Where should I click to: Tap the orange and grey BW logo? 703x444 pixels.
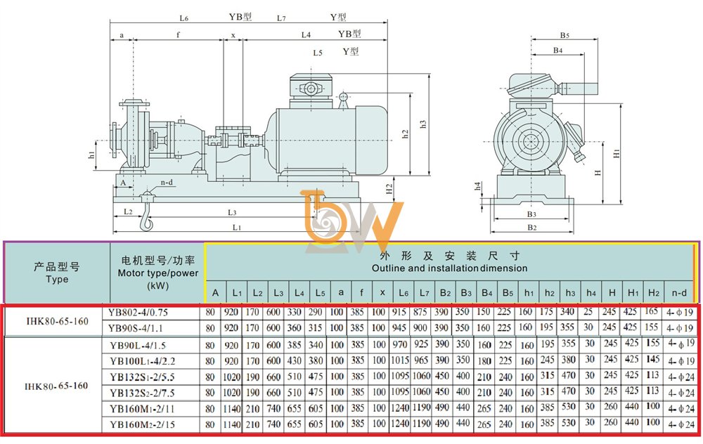click(353, 222)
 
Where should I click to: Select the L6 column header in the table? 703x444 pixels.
click(403, 293)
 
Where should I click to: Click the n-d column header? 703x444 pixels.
click(679, 293)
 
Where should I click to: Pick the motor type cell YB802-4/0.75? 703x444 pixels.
click(138, 313)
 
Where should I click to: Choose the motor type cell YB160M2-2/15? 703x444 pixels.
click(142, 424)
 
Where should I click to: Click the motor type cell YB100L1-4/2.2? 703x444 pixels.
click(142, 361)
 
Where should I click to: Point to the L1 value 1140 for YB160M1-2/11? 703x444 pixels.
click(232, 408)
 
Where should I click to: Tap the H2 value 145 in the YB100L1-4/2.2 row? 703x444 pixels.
click(653, 359)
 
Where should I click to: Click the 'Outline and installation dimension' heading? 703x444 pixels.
click(449, 268)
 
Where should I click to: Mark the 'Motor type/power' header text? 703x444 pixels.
click(157, 273)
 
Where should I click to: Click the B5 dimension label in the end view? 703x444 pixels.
click(565, 35)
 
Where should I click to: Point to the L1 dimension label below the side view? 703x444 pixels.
click(237, 228)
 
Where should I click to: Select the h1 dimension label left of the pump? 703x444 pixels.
click(91, 155)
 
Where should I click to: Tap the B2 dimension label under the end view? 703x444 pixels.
click(531, 228)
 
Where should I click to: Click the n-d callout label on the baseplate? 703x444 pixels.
click(167, 183)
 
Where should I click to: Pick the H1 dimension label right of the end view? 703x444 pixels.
click(617, 153)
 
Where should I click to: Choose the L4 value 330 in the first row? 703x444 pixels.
click(294, 312)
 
